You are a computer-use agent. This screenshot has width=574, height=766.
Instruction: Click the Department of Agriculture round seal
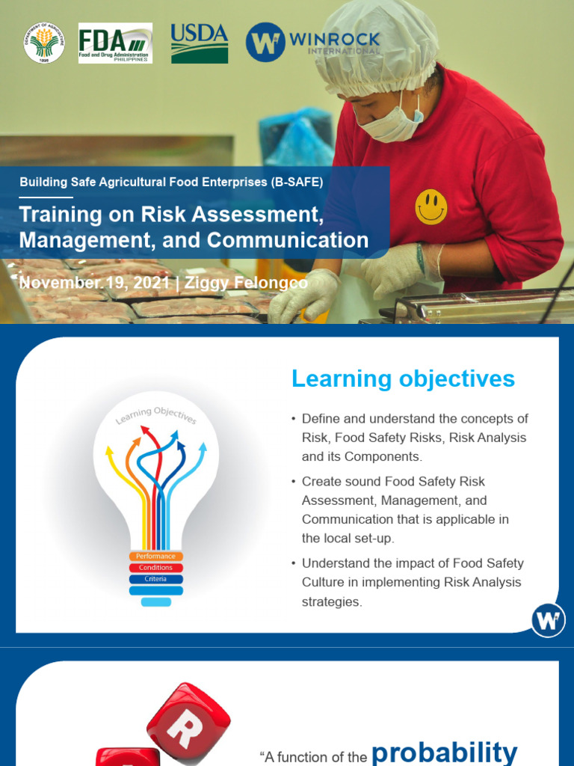tap(44, 43)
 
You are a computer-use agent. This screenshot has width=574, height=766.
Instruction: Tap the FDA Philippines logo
tap(115, 43)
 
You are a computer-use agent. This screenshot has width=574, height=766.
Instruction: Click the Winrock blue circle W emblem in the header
tap(265, 43)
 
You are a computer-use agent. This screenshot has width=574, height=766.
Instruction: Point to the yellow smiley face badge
tap(431, 206)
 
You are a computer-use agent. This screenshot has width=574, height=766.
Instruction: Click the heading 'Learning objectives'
tap(403, 379)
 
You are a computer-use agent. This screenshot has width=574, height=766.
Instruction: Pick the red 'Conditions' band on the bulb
tap(156, 568)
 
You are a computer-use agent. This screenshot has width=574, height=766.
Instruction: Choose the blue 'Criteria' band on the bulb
tap(156, 579)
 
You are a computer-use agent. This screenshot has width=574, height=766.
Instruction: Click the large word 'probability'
tap(444, 751)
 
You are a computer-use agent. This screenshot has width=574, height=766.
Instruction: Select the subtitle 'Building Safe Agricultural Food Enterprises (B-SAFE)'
tap(171, 182)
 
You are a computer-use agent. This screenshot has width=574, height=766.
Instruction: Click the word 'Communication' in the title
tap(288, 240)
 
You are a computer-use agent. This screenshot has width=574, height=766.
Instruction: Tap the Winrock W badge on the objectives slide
tap(548, 621)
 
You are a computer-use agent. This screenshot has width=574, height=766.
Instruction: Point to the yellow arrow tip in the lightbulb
tap(110, 450)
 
